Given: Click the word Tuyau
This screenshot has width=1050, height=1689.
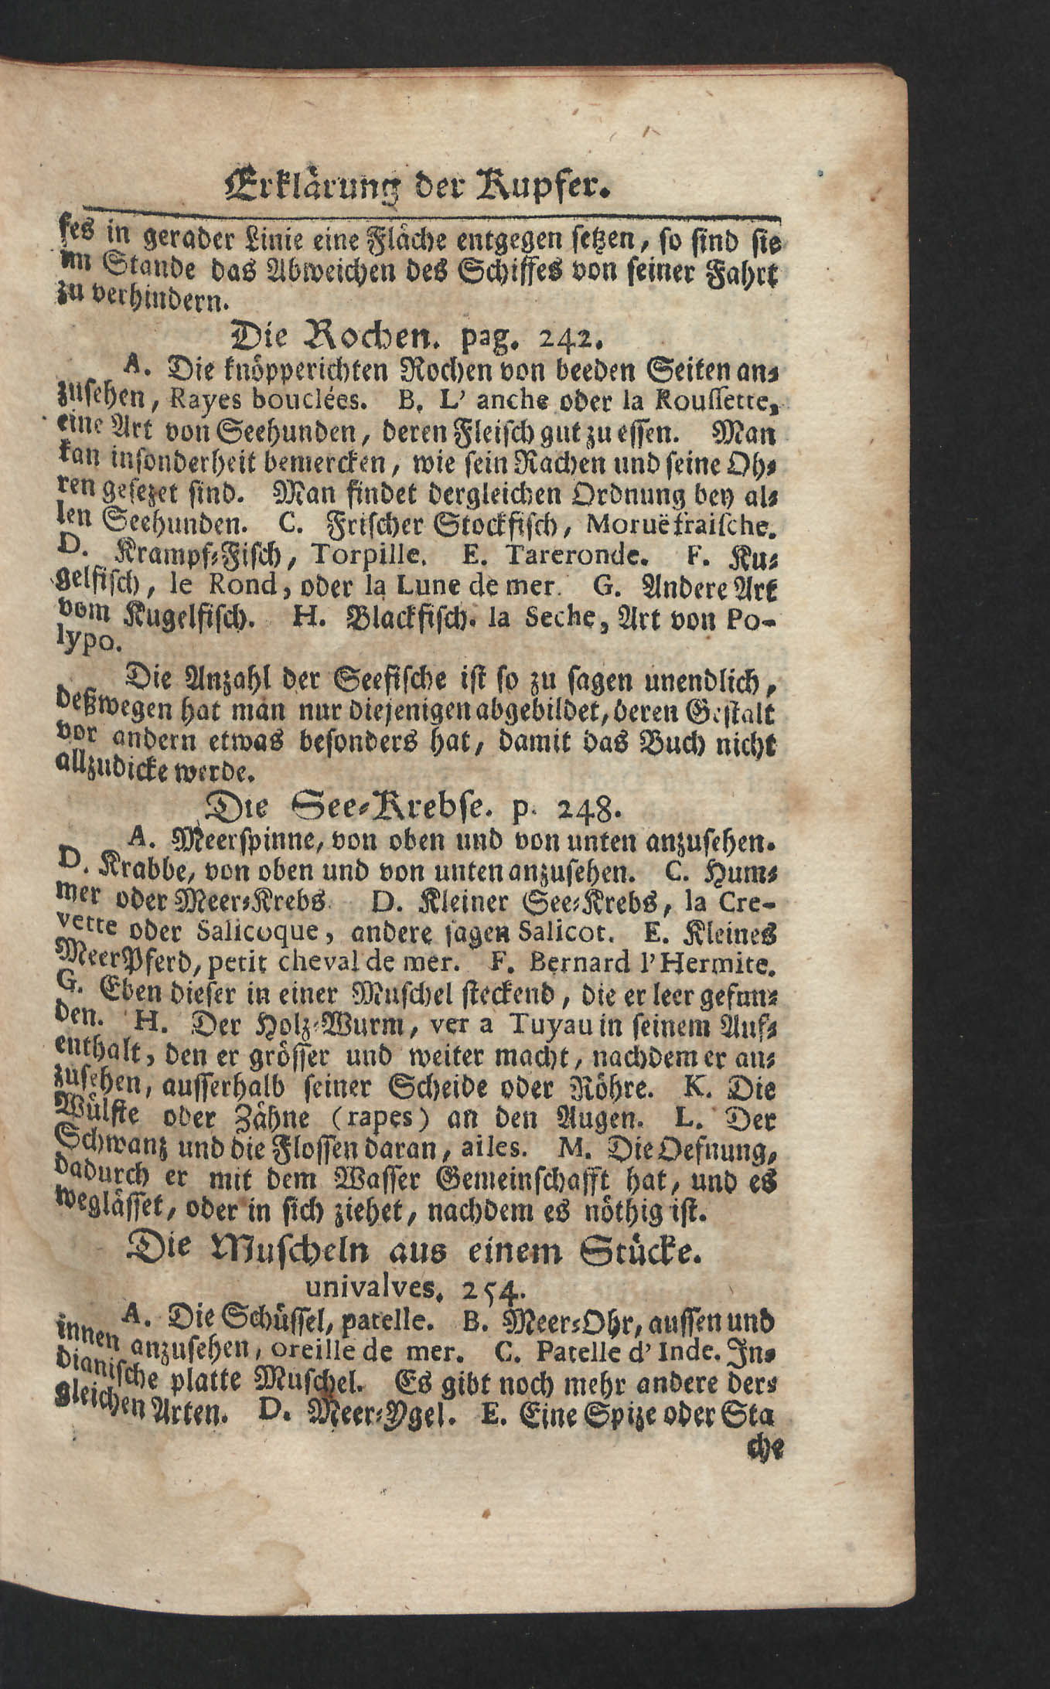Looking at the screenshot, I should (x=547, y=1028).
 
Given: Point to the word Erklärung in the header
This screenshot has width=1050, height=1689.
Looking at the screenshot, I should (x=305, y=186).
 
